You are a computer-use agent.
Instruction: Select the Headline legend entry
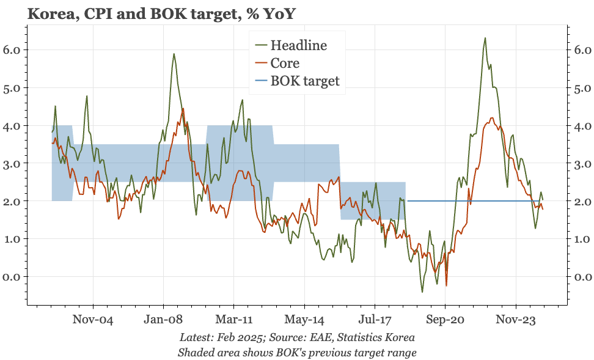pos(298,45)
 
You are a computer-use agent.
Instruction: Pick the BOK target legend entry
pos(304,81)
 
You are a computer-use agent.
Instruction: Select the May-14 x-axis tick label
pos(304,318)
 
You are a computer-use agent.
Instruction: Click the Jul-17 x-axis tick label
pos(375,318)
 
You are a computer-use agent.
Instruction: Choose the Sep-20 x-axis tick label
pos(446,318)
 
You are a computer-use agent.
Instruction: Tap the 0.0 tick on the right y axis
pos(582,277)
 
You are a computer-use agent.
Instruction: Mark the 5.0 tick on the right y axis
pos(582,87)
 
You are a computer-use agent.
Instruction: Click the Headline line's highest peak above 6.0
pos(485,38)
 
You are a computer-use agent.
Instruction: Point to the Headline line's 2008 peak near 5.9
pos(174,54)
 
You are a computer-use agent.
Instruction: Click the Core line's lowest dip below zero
pos(447,285)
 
